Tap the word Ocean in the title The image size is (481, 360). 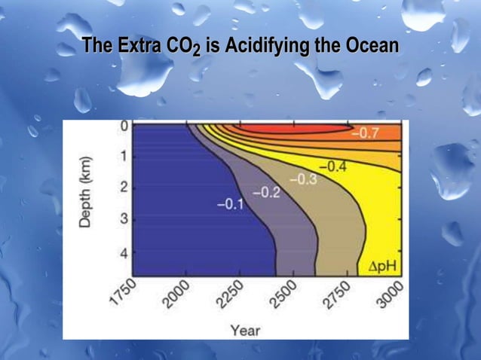[371, 46]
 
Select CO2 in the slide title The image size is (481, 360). [185, 47]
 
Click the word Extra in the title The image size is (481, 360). [141, 46]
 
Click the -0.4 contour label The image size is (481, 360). [332, 166]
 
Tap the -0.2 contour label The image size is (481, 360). [265, 193]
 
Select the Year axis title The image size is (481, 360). [245, 330]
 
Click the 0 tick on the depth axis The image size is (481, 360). [123, 127]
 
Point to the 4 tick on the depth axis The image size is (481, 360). [123, 253]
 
